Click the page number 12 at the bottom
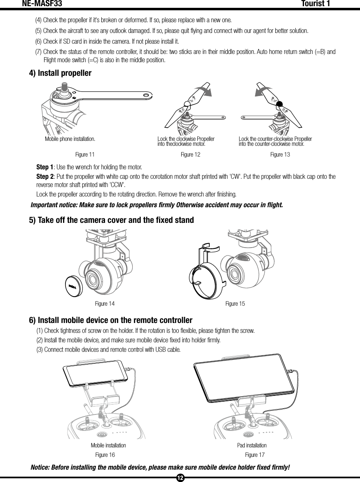[x=180, y=478]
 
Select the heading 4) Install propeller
[x=60, y=73]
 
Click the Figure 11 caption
[x=85, y=154]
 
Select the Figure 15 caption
[x=235, y=304]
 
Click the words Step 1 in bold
[x=44, y=168]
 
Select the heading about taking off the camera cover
[x=111, y=220]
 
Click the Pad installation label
[x=252, y=446]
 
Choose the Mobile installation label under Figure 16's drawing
[x=108, y=446]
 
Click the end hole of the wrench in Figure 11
[x=145, y=96]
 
